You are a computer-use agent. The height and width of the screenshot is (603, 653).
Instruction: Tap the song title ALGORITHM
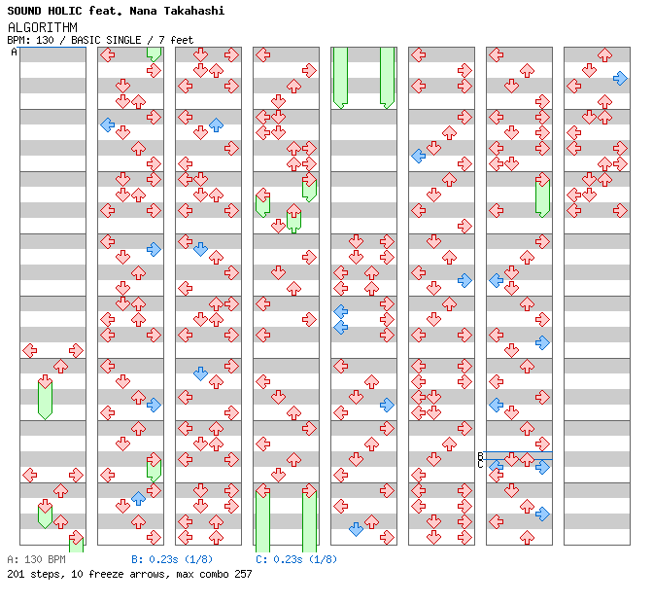42,26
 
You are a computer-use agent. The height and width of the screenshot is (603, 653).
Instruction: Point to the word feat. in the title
115,11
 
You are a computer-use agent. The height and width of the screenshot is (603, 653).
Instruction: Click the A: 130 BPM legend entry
36,559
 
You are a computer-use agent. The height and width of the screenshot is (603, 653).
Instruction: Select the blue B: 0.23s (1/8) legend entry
172,559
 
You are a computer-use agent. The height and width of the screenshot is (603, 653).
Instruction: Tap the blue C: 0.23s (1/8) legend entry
296,559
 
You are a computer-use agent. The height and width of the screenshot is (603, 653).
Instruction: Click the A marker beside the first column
15,52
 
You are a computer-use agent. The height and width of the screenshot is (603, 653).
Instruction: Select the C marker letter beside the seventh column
480,464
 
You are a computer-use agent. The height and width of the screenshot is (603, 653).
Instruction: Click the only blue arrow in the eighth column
620,78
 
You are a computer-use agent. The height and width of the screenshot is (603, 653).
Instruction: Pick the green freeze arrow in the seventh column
542,196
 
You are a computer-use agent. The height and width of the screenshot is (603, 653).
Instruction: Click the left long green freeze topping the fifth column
340,77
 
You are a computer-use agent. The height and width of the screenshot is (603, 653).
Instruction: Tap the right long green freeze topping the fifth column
387,77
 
